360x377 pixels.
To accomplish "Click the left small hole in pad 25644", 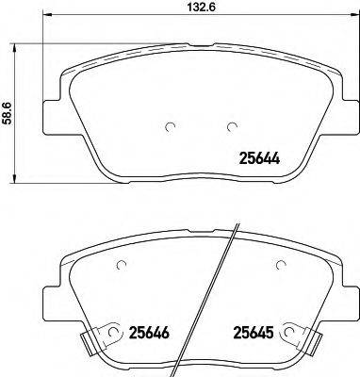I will click(144, 128).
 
